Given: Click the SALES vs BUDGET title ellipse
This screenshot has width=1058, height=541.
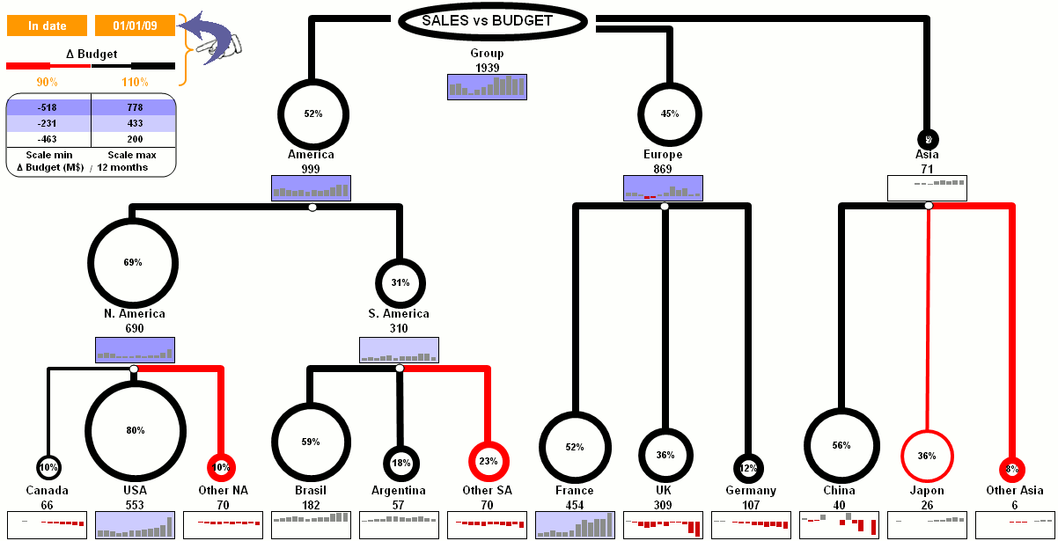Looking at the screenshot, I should (488, 21).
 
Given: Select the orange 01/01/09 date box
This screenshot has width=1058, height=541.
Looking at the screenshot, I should (135, 26).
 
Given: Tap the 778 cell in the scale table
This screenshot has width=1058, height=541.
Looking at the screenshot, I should (134, 107).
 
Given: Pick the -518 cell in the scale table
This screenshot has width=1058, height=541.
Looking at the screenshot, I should (48, 107).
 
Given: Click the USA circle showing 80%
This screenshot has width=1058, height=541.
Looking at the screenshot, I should (135, 430).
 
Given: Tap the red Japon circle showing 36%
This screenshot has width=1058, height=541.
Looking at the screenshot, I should (927, 456).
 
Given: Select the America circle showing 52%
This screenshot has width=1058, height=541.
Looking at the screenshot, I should (313, 113).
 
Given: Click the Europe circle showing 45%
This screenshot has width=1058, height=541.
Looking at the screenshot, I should (669, 113).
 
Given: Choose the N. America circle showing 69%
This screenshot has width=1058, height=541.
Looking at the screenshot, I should (133, 262).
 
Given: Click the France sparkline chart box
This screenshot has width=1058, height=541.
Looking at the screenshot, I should (575, 524).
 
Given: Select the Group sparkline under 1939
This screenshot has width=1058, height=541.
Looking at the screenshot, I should (487, 86).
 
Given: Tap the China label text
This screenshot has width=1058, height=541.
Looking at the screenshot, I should (839, 490).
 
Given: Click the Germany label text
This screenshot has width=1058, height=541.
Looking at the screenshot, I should (751, 490).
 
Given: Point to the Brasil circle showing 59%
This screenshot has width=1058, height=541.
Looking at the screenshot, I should (311, 442).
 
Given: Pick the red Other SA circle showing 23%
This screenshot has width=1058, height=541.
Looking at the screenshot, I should (488, 460).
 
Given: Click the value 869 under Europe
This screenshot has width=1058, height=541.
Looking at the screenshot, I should (663, 169).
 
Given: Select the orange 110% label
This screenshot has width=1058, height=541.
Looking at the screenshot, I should (135, 82).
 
